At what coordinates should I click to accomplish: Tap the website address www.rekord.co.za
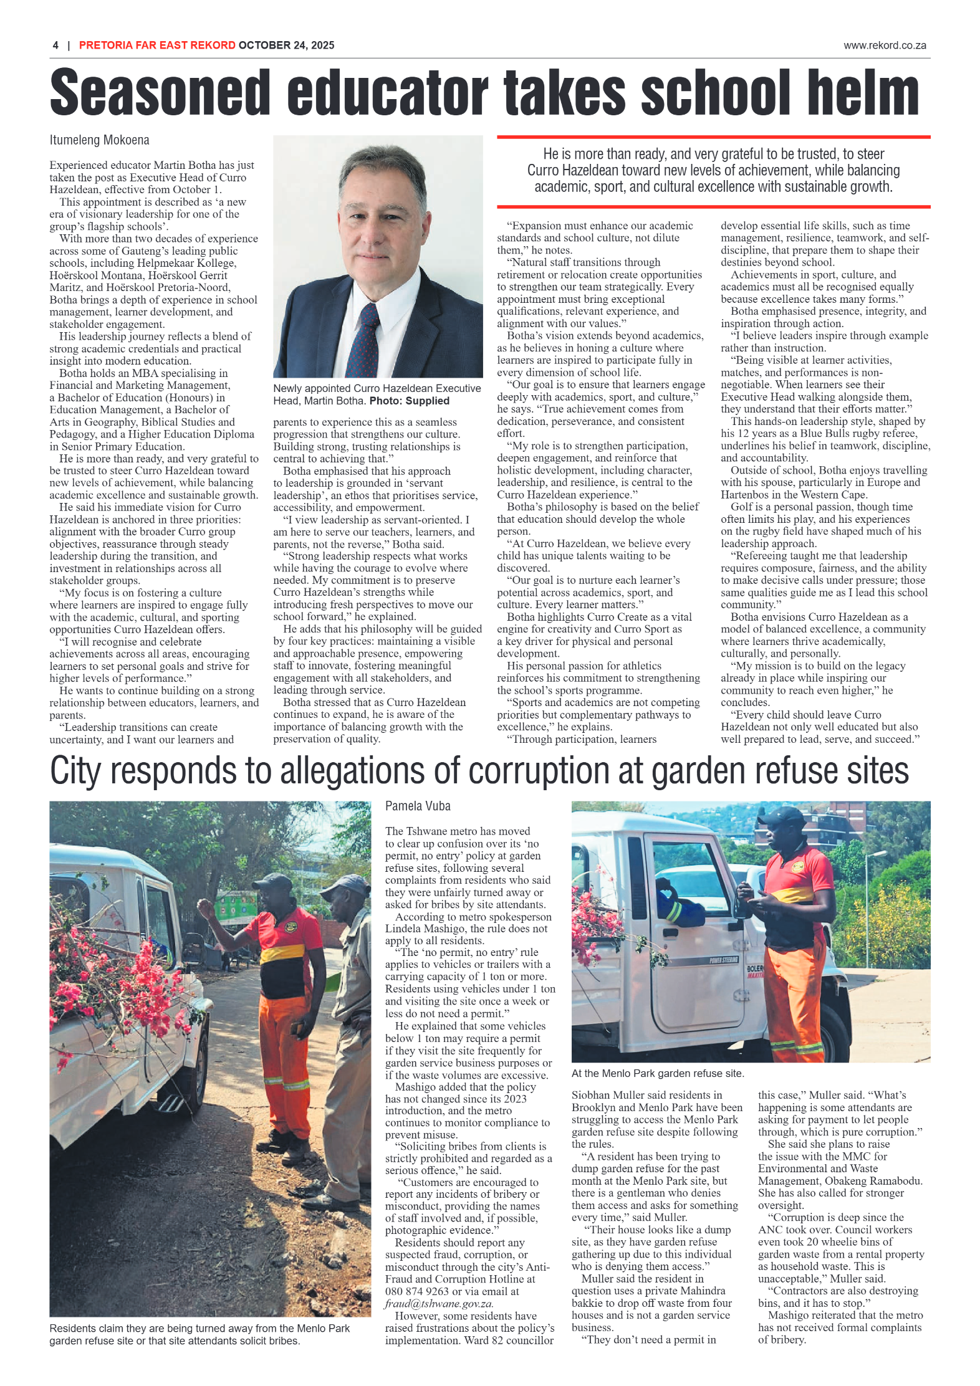[884, 45]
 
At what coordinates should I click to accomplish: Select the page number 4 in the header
[55, 45]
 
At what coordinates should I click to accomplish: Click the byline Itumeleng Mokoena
[99, 140]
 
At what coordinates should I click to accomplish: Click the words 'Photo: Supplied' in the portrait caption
[409, 401]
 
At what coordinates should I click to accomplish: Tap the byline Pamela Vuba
[417, 806]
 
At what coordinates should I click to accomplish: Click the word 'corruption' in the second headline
[540, 771]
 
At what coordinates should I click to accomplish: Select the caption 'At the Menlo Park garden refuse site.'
[658, 1073]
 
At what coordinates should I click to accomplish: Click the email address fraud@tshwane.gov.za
[439, 1303]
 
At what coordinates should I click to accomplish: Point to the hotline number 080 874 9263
[416, 1291]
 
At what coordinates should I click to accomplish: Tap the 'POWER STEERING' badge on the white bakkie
[723, 960]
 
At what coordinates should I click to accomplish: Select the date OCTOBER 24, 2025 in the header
[286, 45]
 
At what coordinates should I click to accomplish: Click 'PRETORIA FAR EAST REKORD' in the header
[157, 45]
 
